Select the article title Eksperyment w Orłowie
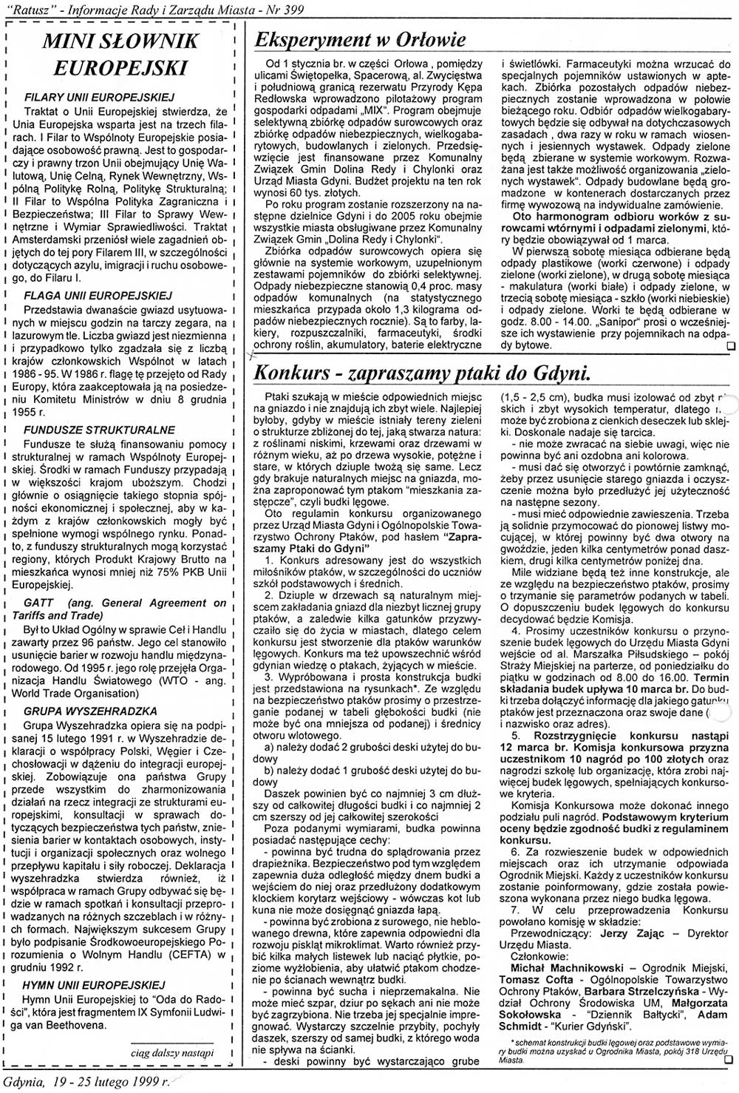coord(360,39)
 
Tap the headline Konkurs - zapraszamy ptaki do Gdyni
coord(422,372)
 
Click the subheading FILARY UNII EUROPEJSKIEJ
coord(99,97)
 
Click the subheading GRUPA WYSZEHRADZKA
coord(91,711)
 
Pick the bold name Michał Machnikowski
coord(549,967)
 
